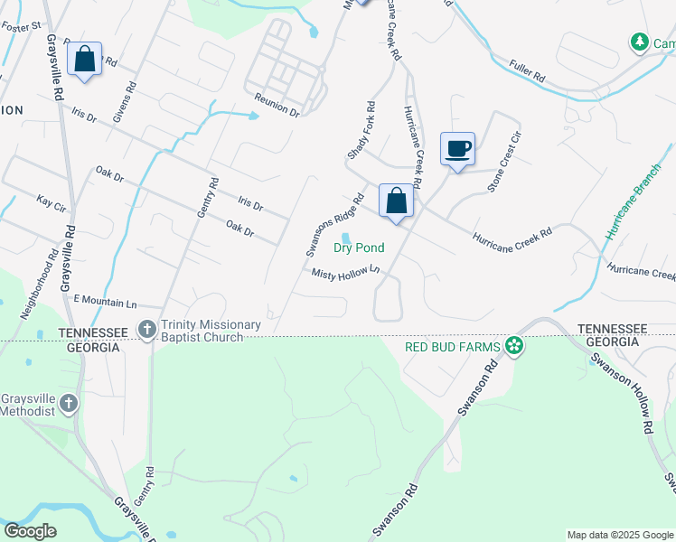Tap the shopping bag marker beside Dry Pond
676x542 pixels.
pyautogui.click(x=396, y=201)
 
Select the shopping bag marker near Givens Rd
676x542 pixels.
pyautogui.click(x=84, y=60)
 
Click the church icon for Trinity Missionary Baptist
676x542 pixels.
pyautogui.click(x=146, y=331)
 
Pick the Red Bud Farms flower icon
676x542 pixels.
pyautogui.click(x=514, y=345)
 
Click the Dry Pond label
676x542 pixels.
pyautogui.click(x=359, y=248)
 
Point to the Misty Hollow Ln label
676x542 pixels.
pyautogui.click(x=343, y=273)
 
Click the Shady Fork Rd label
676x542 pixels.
pyautogui.click(x=361, y=138)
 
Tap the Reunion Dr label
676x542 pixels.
pyautogui.click(x=277, y=104)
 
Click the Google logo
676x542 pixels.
pyautogui.click(x=31, y=531)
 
